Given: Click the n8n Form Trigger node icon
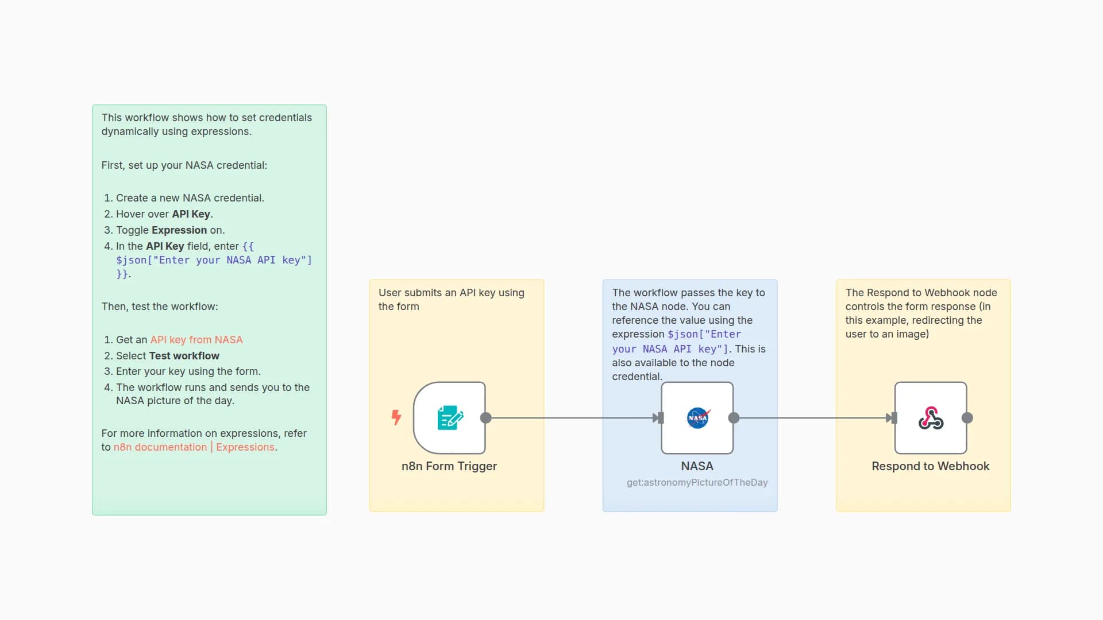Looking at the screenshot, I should point(450,418).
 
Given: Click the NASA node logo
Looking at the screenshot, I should point(697,418).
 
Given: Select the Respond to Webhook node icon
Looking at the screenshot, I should point(931,418).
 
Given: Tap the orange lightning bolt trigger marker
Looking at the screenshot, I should point(396,417).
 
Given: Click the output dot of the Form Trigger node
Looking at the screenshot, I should point(486,418).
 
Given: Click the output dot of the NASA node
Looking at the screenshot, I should point(734,418).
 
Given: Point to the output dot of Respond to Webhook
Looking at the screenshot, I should point(967,418).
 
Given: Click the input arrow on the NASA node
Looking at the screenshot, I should point(658,418).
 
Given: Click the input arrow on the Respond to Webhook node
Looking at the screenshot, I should point(892,418).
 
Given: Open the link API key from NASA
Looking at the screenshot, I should point(196,340).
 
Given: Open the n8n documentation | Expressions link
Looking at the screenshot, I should point(194,447).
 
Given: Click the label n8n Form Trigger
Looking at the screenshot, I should point(449,466).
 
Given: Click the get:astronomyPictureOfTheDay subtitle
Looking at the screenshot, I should point(697,482).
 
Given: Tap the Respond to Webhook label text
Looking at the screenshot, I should point(930,466).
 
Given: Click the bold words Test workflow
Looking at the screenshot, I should point(184,356).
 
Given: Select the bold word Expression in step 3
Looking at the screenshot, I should point(179,230).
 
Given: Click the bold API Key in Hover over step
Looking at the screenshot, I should point(191,214).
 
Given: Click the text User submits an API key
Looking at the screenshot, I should point(451,293).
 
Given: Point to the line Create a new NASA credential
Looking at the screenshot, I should point(190,198).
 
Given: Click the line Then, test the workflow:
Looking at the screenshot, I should point(160,307).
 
